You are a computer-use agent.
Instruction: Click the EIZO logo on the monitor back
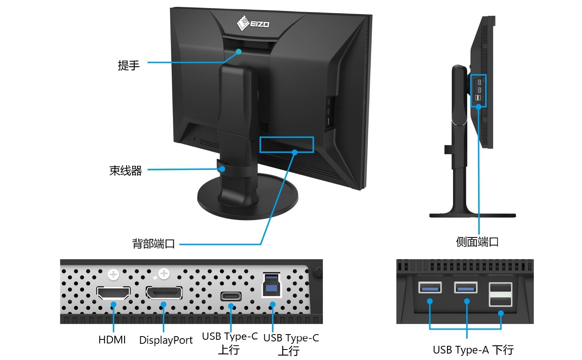[x=253, y=23]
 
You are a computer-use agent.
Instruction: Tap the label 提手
[x=129, y=65]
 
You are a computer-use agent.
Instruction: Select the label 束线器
[x=126, y=171]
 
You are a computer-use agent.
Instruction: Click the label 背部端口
[x=154, y=244]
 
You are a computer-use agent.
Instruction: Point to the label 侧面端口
[x=477, y=242]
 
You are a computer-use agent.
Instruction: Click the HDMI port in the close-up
[x=114, y=292]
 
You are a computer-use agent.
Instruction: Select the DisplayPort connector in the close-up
[x=164, y=292]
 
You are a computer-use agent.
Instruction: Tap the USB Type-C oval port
[x=231, y=296]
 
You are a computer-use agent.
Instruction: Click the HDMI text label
[x=112, y=340]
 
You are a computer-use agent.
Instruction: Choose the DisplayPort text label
[x=166, y=340]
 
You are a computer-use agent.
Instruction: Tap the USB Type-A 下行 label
[x=473, y=349]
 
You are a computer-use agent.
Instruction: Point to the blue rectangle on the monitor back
[x=287, y=144]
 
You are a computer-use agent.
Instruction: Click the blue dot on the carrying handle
[x=239, y=52]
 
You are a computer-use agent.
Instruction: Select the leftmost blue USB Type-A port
[x=430, y=288]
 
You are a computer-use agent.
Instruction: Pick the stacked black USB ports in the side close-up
[x=500, y=294]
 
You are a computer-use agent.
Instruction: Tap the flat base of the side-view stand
[x=472, y=216]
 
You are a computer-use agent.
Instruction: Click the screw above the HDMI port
[x=114, y=275]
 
